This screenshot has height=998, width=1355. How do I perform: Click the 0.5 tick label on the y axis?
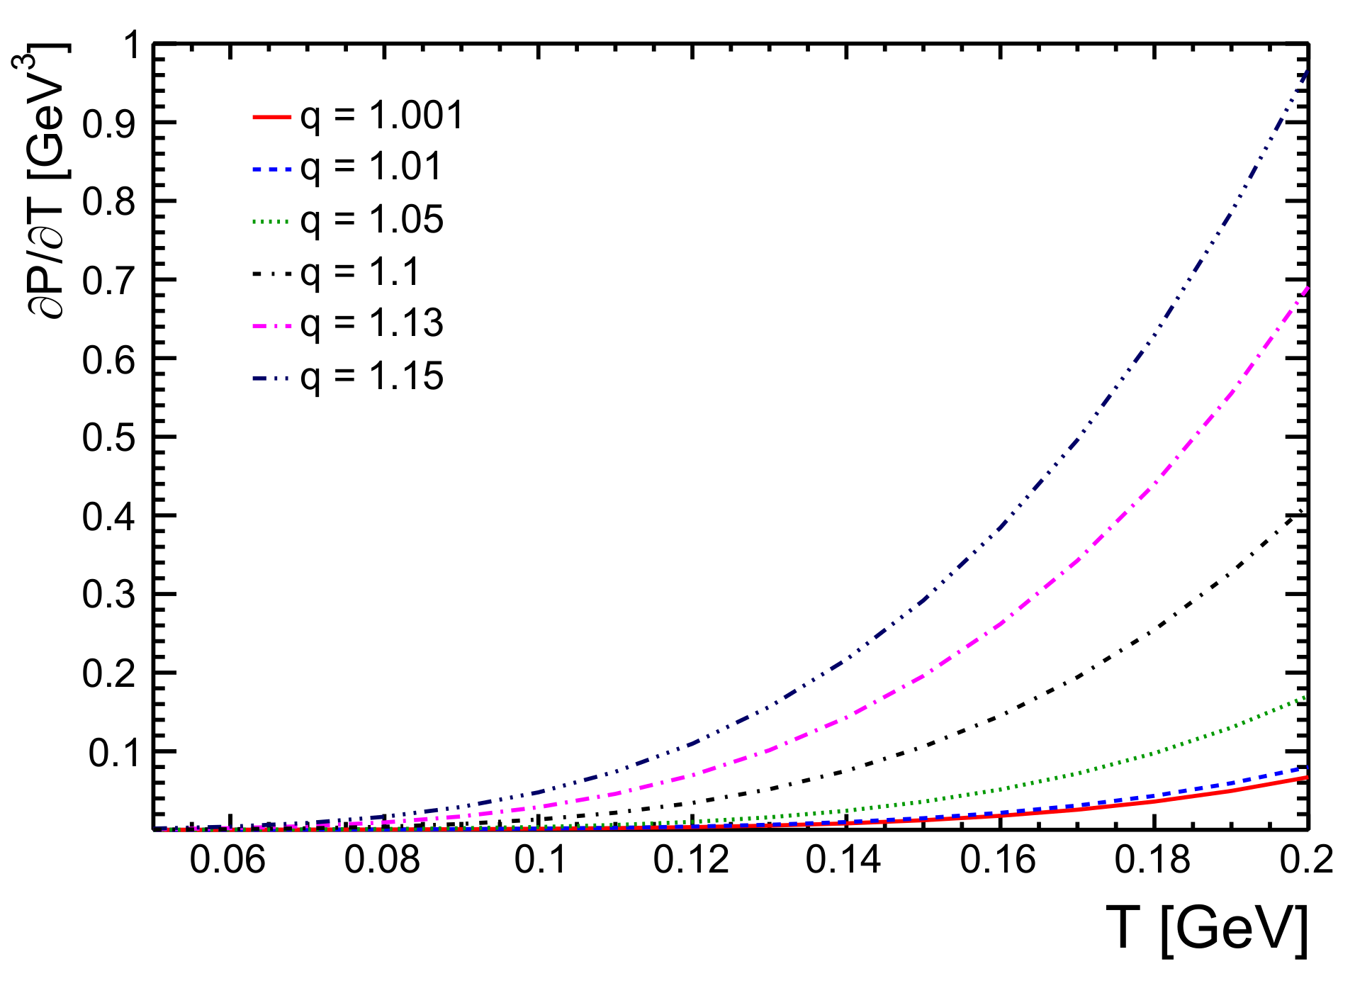[108, 438]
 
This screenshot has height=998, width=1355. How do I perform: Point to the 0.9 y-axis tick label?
[108, 125]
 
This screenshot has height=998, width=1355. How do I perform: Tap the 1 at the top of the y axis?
[132, 46]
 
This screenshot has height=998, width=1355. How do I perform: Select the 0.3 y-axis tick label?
[108, 595]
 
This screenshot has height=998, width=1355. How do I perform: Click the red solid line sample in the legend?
[271, 116]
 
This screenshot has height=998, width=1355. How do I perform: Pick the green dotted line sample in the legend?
[271, 220]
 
